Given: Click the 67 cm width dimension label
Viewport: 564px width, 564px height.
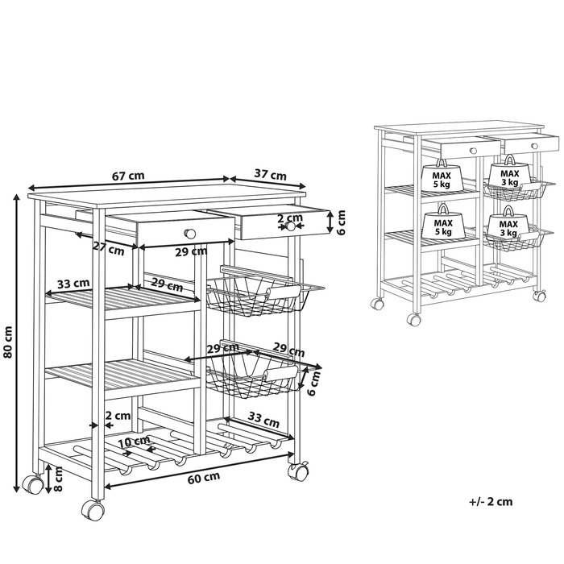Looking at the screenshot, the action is point(128,176).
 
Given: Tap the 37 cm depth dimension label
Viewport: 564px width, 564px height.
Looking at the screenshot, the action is point(270,175).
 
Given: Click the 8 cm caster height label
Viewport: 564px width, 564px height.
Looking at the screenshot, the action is point(58,479).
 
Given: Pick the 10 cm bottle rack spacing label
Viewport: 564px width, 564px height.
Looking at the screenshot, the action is point(134,441).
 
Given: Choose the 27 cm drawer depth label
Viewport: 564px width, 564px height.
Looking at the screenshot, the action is point(109,248).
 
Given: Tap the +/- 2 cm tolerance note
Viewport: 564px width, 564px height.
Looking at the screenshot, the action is point(491,501).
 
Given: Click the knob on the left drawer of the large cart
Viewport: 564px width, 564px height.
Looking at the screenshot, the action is point(190,234).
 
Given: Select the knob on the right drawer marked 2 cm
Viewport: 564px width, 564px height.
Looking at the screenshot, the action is point(289,226).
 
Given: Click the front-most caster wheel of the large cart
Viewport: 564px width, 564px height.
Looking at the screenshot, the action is point(93,510).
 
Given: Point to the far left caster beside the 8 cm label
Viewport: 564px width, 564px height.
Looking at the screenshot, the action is point(33,484).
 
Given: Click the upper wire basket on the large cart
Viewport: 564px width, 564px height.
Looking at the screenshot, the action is point(265,292).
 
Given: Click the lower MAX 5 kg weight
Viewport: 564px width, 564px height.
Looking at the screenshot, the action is point(443,222).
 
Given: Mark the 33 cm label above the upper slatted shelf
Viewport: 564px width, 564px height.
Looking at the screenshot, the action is point(73,284).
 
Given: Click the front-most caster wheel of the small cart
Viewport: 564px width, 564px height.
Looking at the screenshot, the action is point(413,319).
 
